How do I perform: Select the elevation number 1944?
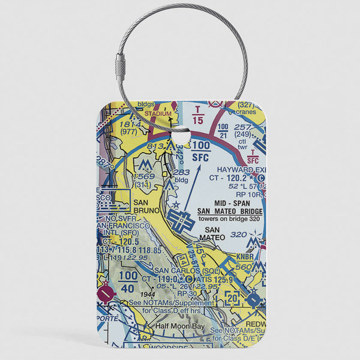(x=148, y=295)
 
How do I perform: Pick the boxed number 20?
(x=232, y=296)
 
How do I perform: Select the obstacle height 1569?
(x=144, y=176)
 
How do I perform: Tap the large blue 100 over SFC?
(x=201, y=151)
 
